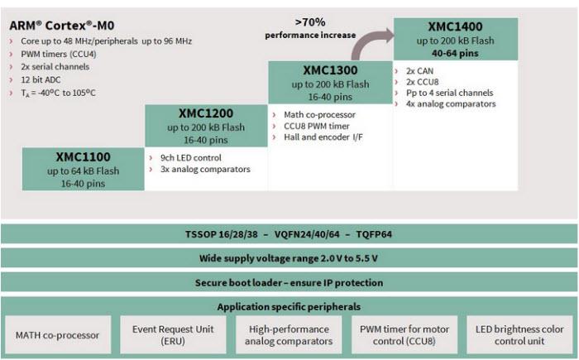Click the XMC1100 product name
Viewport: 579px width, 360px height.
point(83,156)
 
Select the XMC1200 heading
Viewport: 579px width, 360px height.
point(206,113)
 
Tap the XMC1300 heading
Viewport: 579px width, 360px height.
point(329,70)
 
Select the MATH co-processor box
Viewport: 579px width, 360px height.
point(58,335)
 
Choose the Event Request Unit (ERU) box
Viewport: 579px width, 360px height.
point(174,335)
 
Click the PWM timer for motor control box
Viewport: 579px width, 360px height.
point(404,335)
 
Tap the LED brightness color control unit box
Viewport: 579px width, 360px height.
point(520,335)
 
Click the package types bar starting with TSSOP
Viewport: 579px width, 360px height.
point(289,234)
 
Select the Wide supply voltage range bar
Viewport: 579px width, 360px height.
point(289,258)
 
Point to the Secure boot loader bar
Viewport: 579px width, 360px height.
point(289,282)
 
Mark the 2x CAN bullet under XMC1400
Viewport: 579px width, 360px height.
point(421,71)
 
